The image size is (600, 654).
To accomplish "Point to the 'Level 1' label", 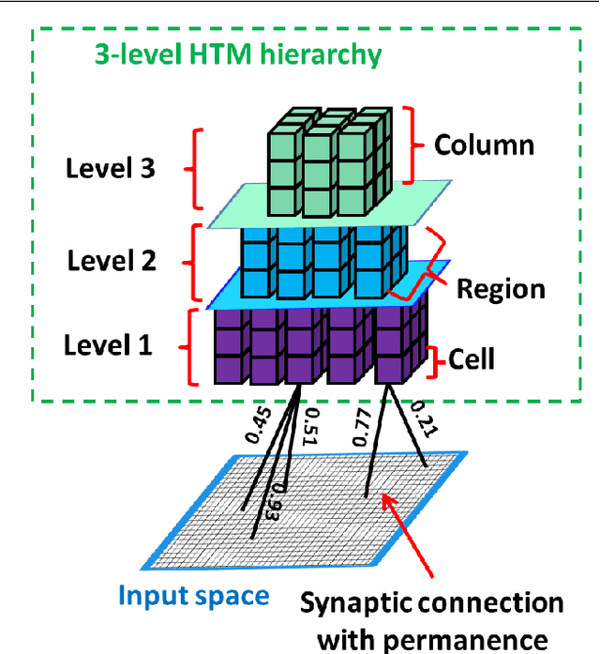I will tap(108, 345).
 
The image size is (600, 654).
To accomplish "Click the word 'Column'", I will tap(484, 145).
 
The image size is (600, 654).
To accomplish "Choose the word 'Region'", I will tap(501, 288).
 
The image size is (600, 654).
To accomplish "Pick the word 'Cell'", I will tap(472, 358).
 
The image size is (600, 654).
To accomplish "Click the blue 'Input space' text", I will tap(193, 595).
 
